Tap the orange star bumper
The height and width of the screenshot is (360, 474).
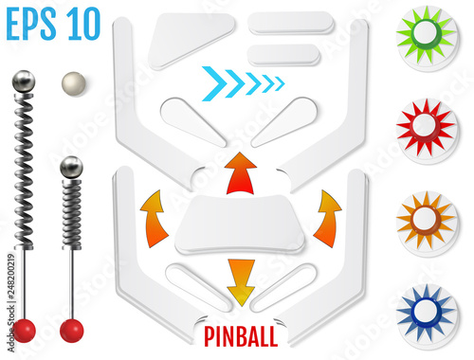[427, 221]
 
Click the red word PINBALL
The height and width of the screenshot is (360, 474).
[241, 336]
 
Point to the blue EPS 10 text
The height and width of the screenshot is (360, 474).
[53, 25]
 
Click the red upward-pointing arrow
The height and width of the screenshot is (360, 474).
[241, 173]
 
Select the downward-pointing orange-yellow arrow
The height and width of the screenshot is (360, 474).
[241, 282]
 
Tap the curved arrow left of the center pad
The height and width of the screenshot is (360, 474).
[154, 219]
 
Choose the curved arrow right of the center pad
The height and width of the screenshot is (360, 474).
[327, 219]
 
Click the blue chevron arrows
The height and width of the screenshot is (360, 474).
[244, 83]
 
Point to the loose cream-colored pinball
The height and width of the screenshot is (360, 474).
[74, 83]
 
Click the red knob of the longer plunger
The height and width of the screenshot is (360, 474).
[24, 331]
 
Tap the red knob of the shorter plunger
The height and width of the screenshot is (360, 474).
[72, 331]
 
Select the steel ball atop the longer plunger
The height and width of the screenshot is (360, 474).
[24, 81]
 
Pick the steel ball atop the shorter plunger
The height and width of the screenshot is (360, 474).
[72, 168]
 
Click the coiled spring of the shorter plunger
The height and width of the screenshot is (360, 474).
[72, 214]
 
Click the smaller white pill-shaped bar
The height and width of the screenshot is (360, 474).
[283, 55]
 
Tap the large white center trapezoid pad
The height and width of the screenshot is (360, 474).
[240, 225]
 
